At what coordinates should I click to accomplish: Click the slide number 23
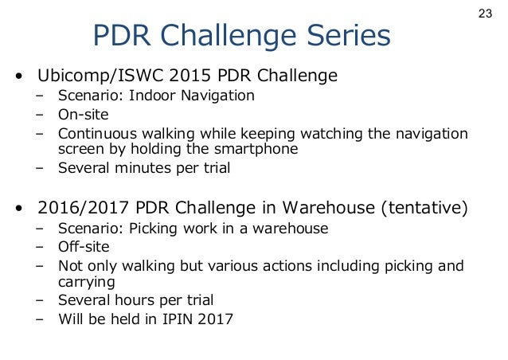pos(486,14)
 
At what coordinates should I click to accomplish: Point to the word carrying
pos(84,281)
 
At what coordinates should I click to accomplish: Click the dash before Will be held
pos(40,319)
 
